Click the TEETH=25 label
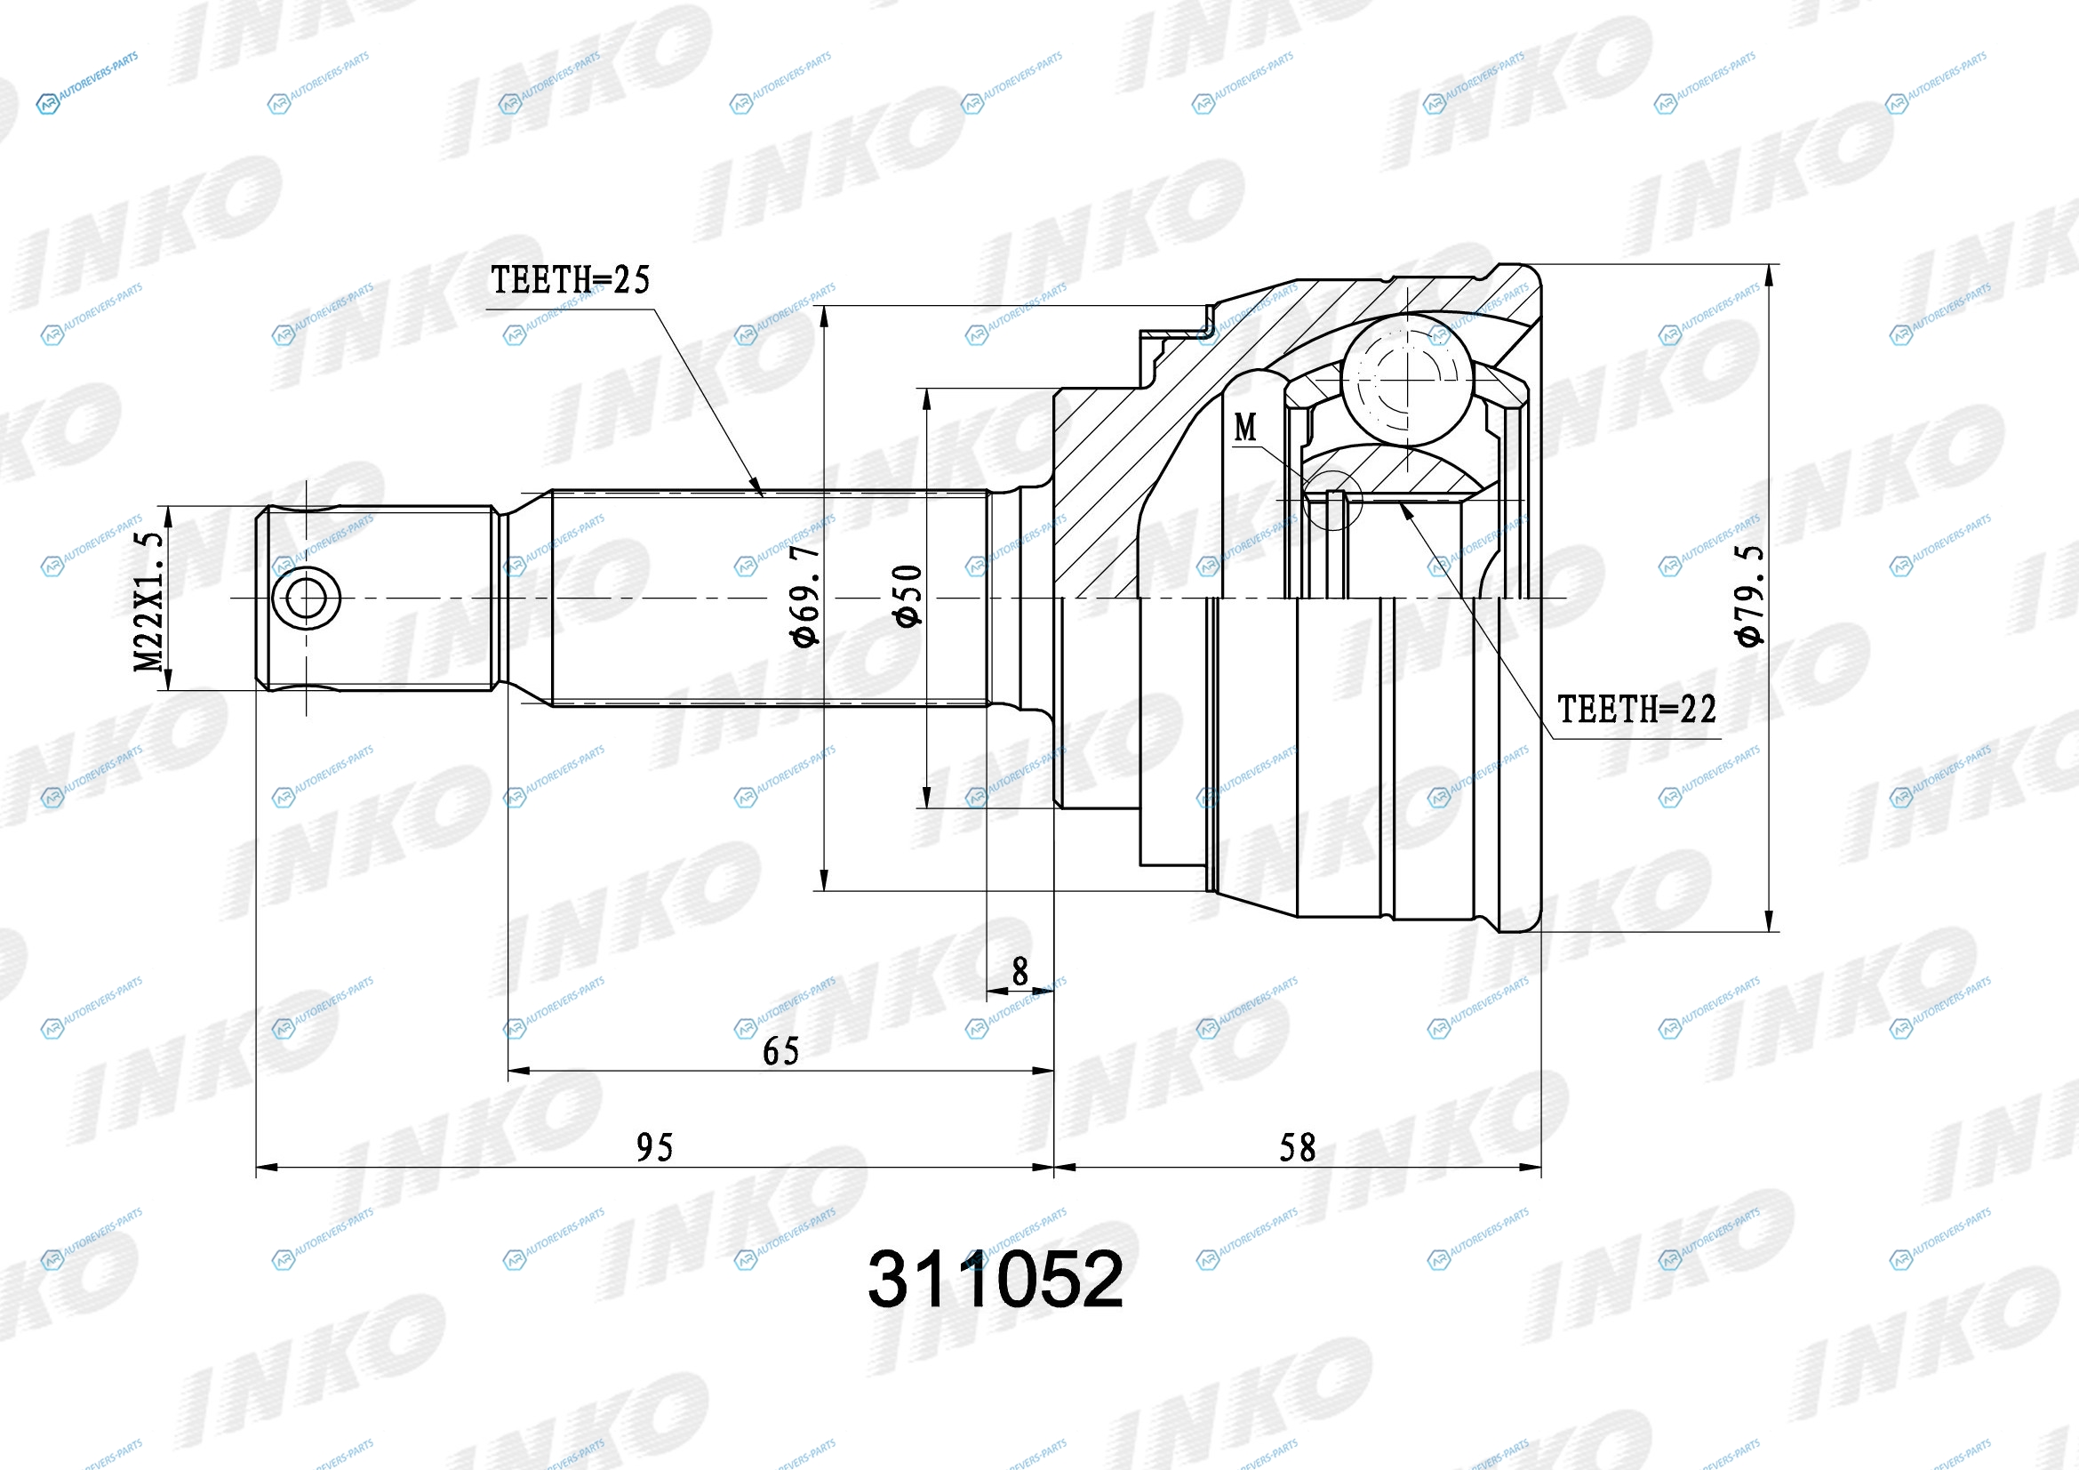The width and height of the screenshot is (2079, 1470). point(571,280)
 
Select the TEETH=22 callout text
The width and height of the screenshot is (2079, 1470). point(1636,709)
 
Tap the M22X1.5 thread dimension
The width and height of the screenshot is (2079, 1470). point(149,601)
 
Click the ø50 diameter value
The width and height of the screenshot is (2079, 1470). point(908,595)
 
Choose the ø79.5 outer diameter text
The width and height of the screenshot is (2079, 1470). point(1750,595)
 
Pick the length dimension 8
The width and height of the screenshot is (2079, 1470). point(1020,972)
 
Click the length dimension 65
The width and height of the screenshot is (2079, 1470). point(780,1051)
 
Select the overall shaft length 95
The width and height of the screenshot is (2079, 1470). point(655,1148)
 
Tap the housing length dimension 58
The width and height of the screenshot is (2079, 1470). point(1297,1148)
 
